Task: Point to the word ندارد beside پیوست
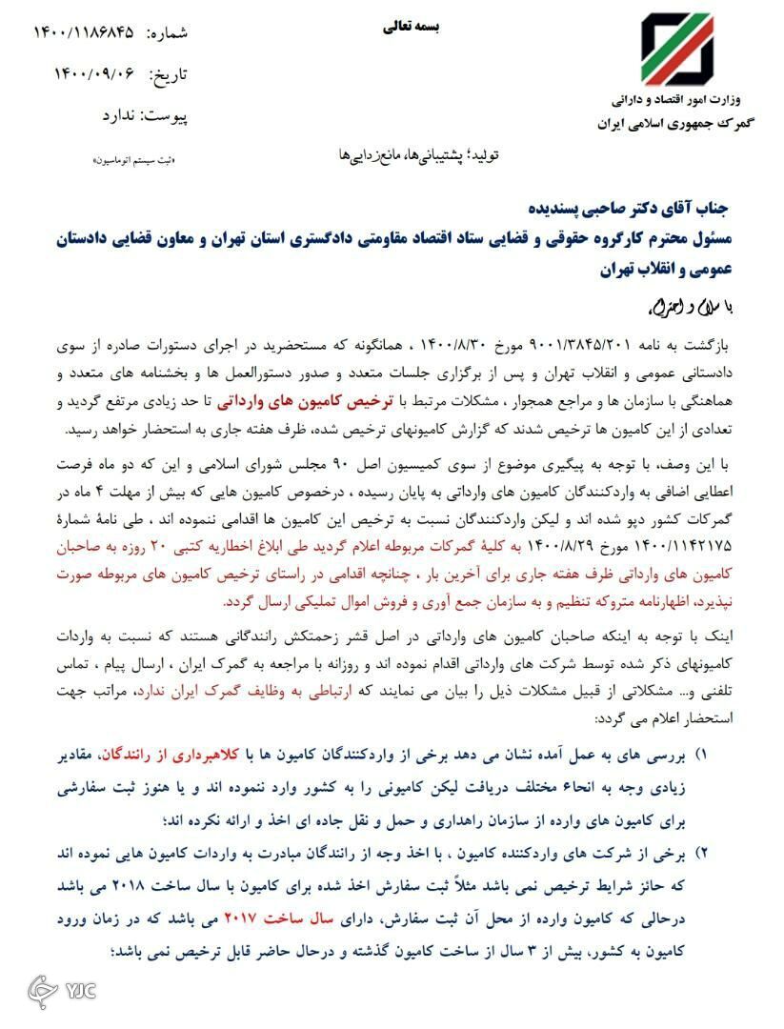(122, 115)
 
